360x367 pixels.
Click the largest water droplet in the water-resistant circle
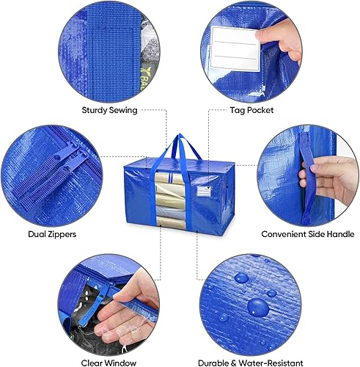pyautogui.click(x=257, y=307)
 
